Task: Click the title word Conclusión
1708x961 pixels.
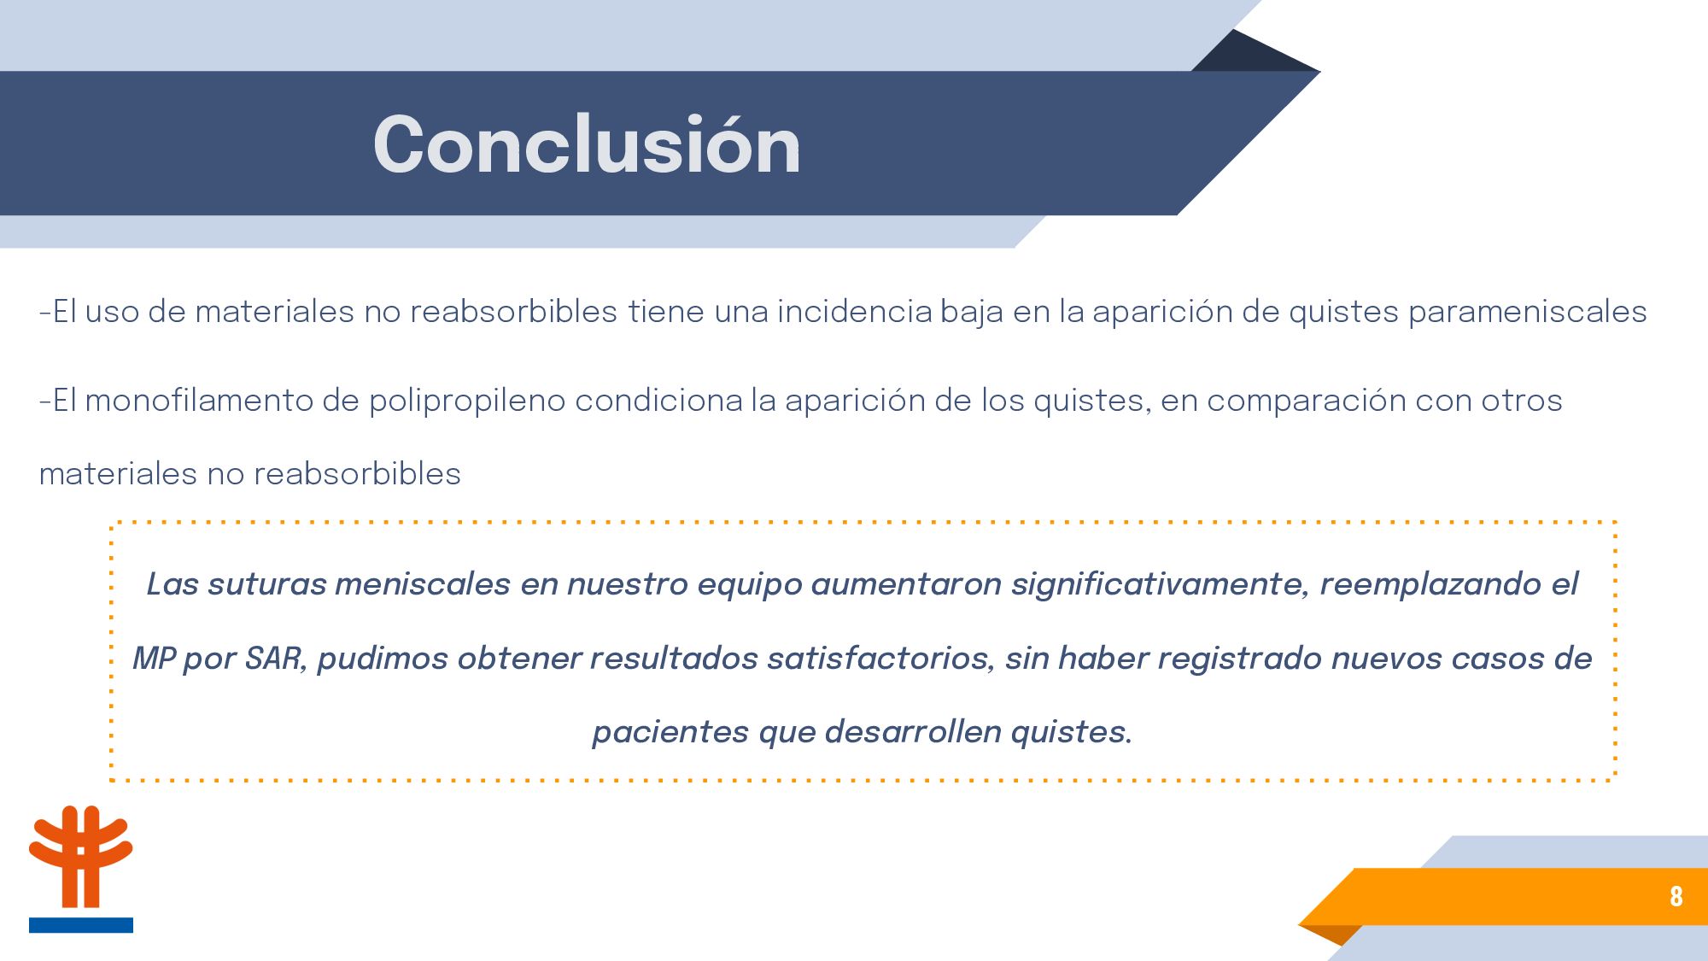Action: (587, 144)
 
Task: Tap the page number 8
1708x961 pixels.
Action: (1676, 896)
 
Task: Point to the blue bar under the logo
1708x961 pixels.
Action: (81, 925)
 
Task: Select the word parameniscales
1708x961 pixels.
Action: (1527, 313)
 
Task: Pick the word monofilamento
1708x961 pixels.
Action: (199, 401)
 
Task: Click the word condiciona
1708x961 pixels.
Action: (658, 401)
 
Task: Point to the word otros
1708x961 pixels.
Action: (1522, 401)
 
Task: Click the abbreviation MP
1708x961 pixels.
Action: (154, 659)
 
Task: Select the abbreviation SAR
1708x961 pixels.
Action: (275, 659)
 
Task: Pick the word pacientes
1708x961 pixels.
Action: (670, 733)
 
